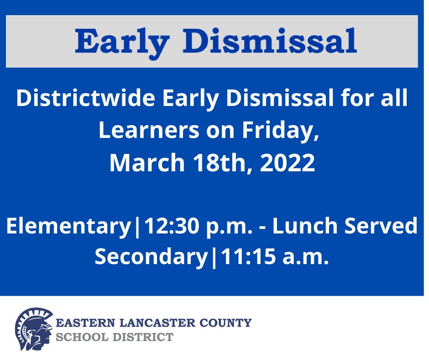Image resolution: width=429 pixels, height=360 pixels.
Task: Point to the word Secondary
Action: [151, 258]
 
